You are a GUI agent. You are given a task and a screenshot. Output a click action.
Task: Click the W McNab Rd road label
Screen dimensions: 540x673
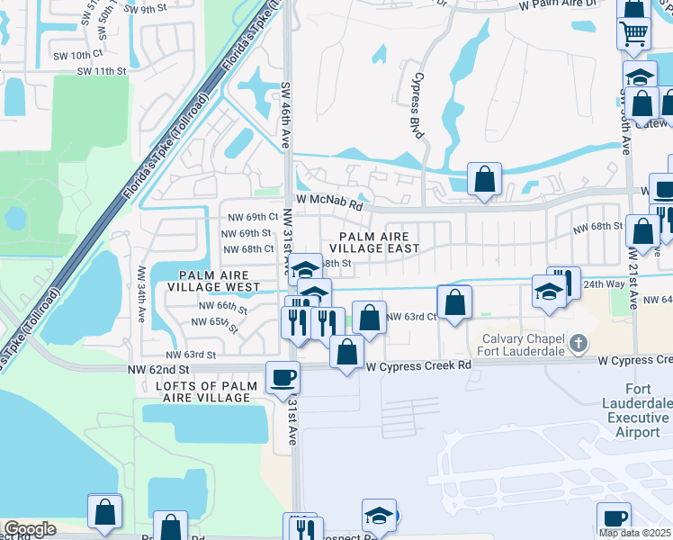click(329, 203)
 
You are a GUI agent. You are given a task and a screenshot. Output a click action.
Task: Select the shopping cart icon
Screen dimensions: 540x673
click(633, 33)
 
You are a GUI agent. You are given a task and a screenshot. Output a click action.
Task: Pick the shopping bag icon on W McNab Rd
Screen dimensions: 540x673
click(484, 179)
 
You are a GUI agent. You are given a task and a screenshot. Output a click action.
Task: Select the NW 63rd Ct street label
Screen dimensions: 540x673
click(411, 317)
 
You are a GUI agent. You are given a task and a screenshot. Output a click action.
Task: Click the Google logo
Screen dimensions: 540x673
click(29, 529)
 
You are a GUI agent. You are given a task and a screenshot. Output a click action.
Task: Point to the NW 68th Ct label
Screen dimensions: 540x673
click(245, 249)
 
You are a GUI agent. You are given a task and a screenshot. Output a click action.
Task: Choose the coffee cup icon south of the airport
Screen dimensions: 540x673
click(614, 518)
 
